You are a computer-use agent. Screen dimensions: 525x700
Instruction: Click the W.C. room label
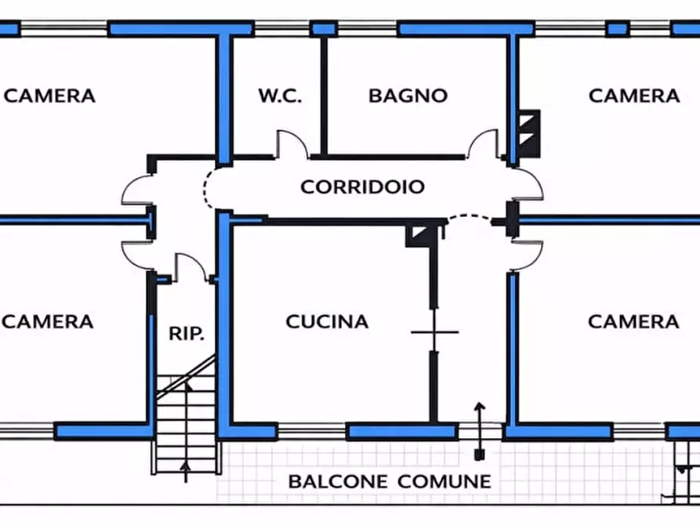click(x=280, y=96)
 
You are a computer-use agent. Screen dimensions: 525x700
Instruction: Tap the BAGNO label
click(x=408, y=96)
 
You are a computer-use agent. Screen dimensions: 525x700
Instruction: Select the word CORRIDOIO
click(x=363, y=186)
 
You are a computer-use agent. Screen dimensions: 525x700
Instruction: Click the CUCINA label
click(x=327, y=321)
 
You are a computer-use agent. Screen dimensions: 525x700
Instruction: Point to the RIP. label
click(x=187, y=333)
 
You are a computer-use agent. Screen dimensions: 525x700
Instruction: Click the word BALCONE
click(x=338, y=481)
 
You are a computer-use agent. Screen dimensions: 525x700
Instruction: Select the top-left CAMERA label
click(x=50, y=96)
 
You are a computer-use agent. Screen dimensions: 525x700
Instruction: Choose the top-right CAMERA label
click(x=634, y=96)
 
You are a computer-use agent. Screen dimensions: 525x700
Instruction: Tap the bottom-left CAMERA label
click(x=49, y=321)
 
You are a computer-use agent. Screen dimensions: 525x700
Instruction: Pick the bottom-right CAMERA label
click(x=633, y=321)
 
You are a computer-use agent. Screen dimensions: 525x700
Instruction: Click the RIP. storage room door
click(x=189, y=266)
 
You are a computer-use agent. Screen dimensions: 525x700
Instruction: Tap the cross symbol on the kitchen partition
click(x=434, y=332)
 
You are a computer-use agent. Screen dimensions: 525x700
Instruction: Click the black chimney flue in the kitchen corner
click(x=418, y=234)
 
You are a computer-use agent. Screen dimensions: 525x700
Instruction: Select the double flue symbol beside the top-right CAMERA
click(x=528, y=131)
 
